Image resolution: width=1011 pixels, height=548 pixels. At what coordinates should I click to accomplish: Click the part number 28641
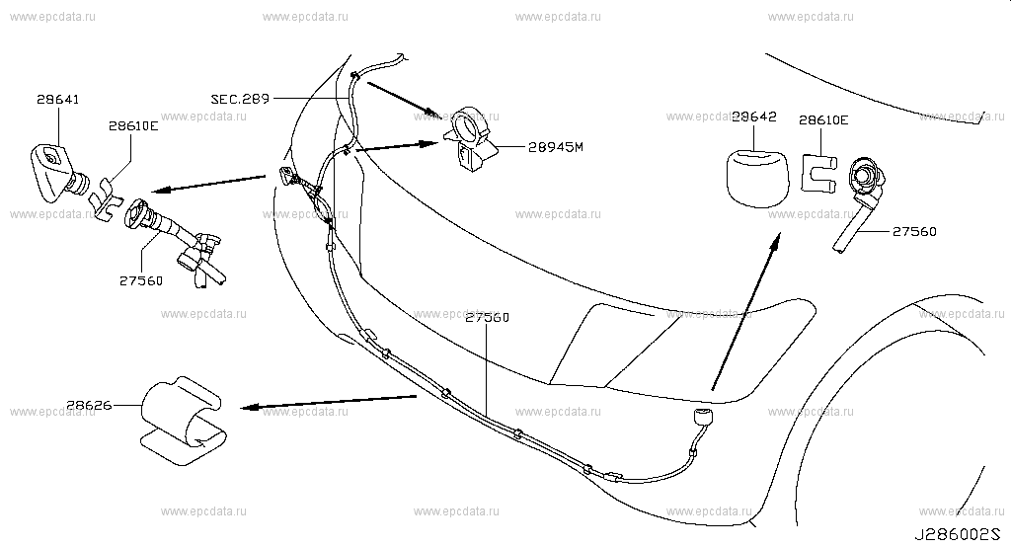pos(58,100)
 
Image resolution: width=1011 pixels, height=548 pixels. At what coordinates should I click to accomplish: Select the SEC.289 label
pos(240,100)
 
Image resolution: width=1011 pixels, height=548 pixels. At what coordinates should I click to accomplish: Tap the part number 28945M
pos(555,147)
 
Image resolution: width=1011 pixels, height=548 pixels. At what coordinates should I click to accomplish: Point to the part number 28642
pos(754,117)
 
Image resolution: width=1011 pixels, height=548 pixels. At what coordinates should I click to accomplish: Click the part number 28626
pos(89,406)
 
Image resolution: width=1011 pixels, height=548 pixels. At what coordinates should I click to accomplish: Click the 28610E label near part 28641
pos(133,126)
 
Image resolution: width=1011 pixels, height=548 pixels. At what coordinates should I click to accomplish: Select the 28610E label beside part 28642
pos(823,119)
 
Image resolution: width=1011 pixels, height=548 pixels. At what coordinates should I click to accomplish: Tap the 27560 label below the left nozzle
pos(140,281)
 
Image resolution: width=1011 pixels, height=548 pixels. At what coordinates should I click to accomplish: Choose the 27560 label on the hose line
pos(487,318)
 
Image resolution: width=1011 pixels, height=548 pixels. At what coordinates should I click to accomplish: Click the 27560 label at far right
pos(914,231)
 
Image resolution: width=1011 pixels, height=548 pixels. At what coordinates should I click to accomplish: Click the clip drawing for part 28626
pos(183,421)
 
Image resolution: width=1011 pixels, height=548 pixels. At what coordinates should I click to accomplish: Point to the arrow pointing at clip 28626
pos(328,402)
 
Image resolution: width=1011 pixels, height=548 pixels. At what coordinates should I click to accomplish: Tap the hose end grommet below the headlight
pos(702,417)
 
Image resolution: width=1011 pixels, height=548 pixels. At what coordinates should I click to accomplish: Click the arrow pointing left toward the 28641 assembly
pos(208,183)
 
